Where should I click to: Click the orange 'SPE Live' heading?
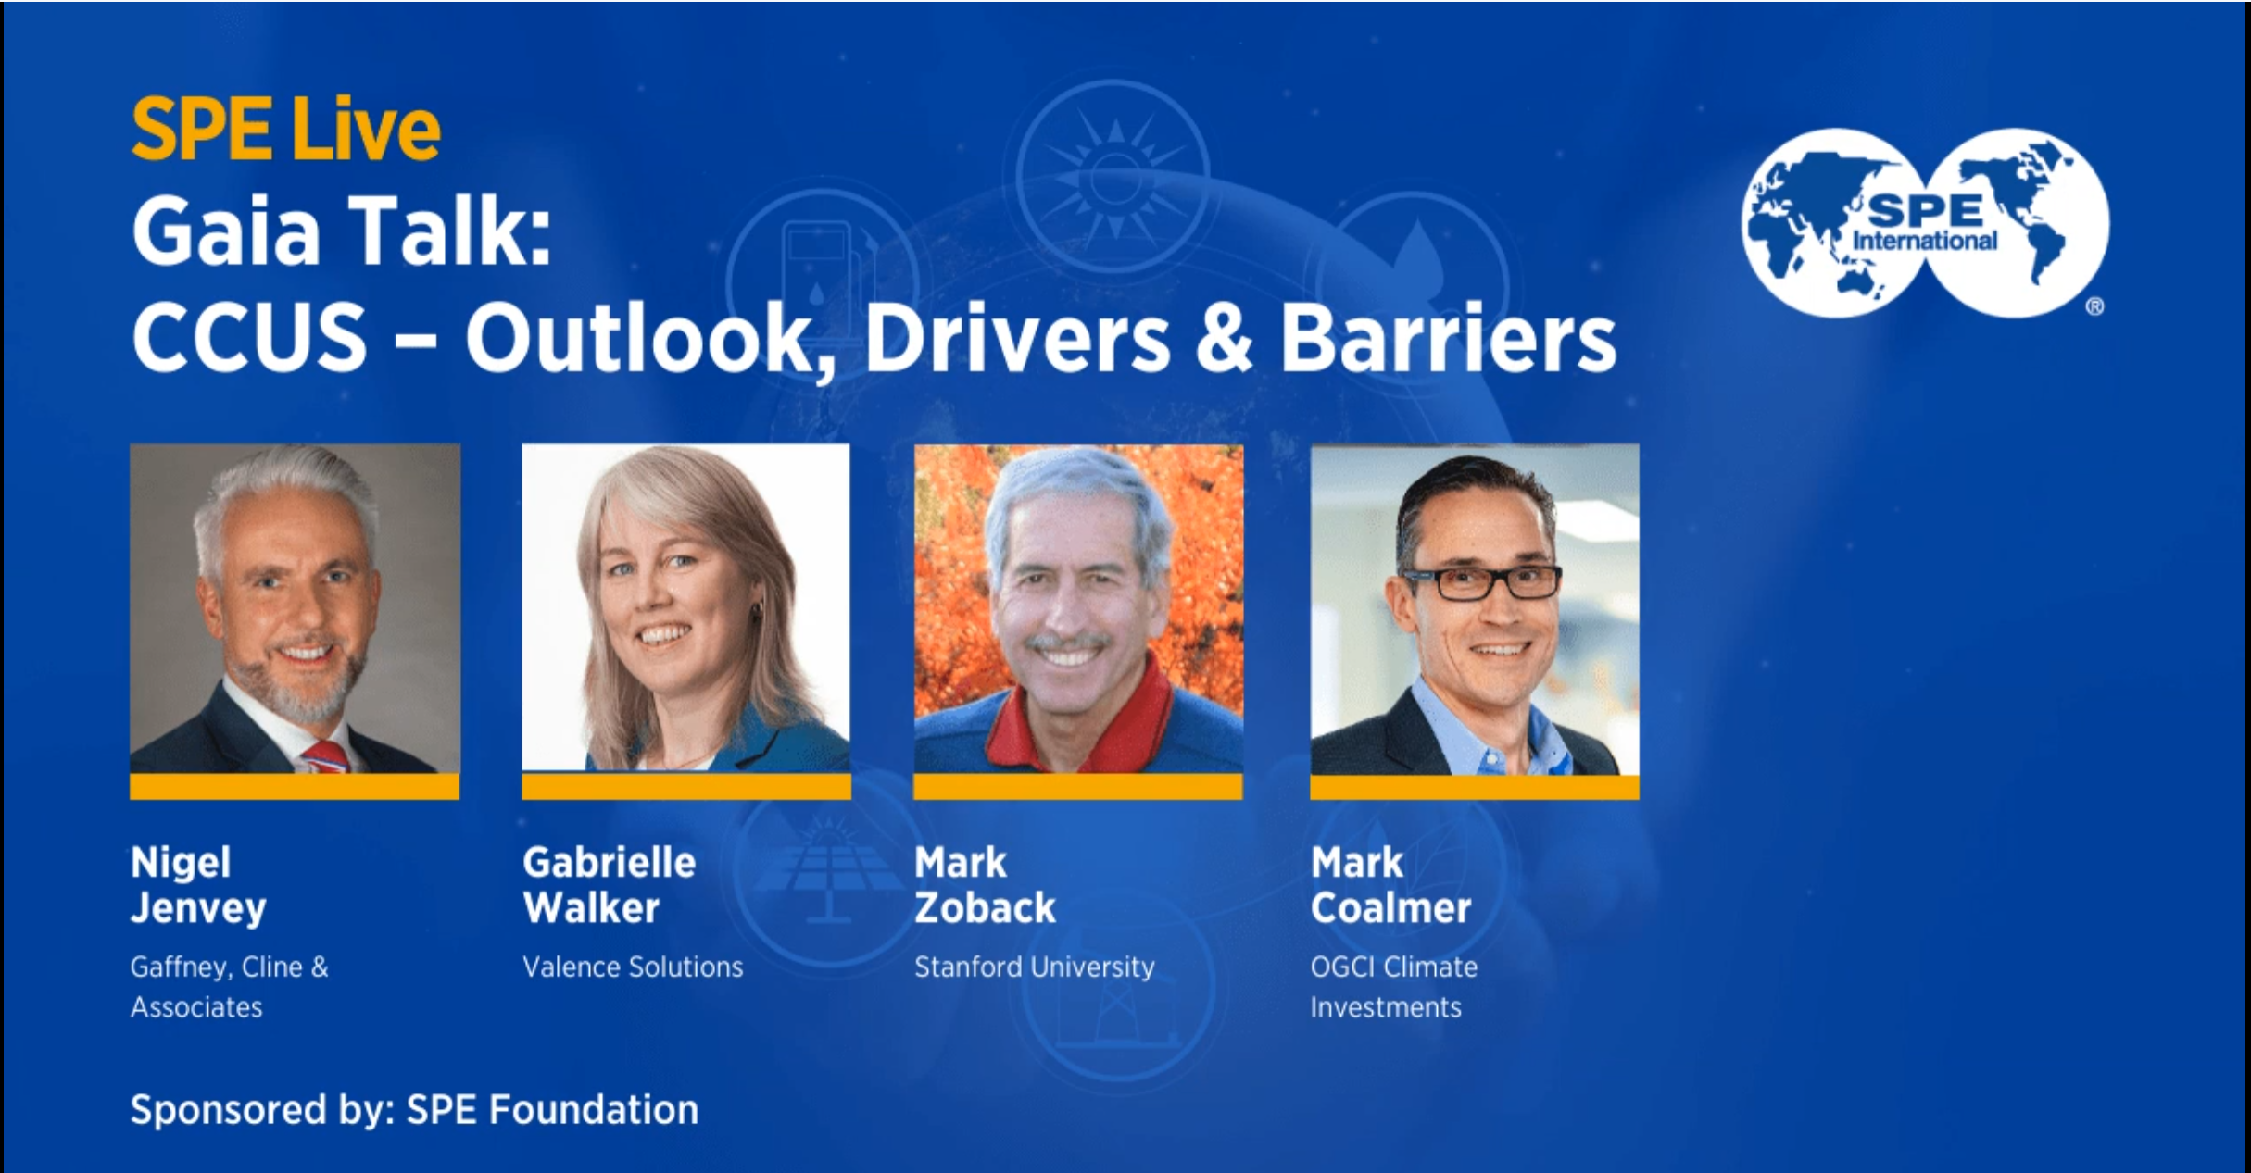click(x=285, y=129)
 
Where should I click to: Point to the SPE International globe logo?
click(x=1925, y=223)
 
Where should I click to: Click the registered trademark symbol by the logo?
click(x=2094, y=306)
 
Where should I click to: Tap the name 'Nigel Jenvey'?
click(x=198, y=885)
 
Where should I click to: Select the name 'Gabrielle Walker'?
click(x=609, y=885)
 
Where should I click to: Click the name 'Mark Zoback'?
click(x=985, y=885)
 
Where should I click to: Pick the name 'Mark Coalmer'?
click(x=1390, y=885)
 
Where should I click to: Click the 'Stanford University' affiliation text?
click(x=1035, y=967)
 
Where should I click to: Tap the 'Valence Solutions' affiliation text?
click(x=633, y=967)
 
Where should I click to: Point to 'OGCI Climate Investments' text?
click(x=1393, y=987)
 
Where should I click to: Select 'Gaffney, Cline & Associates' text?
click(x=230, y=987)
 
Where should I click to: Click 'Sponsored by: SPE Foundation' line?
click(x=414, y=1110)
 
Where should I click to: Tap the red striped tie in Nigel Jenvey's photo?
click(x=327, y=755)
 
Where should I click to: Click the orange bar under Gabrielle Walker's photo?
click(x=686, y=787)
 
